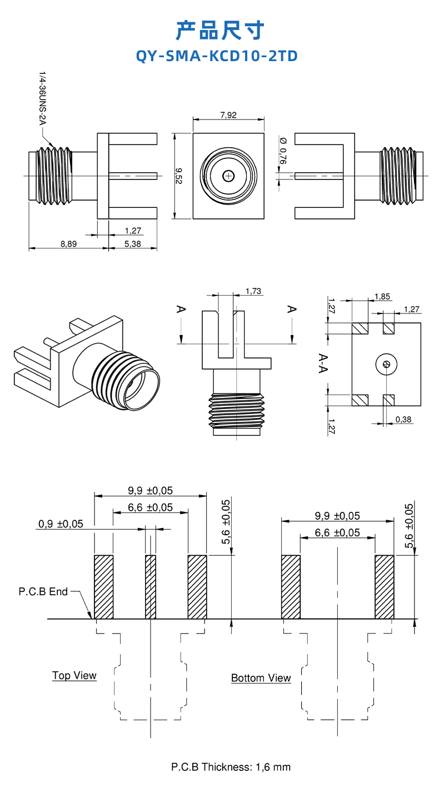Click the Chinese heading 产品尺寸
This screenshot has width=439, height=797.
[219, 30]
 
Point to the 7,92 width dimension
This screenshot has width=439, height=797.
[228, 115]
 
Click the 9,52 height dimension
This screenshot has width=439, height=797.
[179, 176]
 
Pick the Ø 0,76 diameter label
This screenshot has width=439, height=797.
[283, 151]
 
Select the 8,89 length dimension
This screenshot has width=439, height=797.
[68, 243]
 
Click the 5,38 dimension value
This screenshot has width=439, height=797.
[132, 243]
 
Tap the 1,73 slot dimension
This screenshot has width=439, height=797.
[253, 291]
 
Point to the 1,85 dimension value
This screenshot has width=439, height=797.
[382, 296]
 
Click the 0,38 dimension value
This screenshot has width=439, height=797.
[403, 420]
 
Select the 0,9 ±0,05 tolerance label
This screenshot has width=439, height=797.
[61, 524]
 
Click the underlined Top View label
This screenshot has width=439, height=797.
[74, 675]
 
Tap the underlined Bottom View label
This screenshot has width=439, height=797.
[261, 678]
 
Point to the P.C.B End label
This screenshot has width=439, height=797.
[43, 591]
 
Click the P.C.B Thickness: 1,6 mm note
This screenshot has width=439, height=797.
[231, 767]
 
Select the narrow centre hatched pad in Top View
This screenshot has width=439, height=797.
[151, 586]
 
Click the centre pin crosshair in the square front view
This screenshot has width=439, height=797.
[228, 176]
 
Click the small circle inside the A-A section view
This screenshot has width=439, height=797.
[387, 365]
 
